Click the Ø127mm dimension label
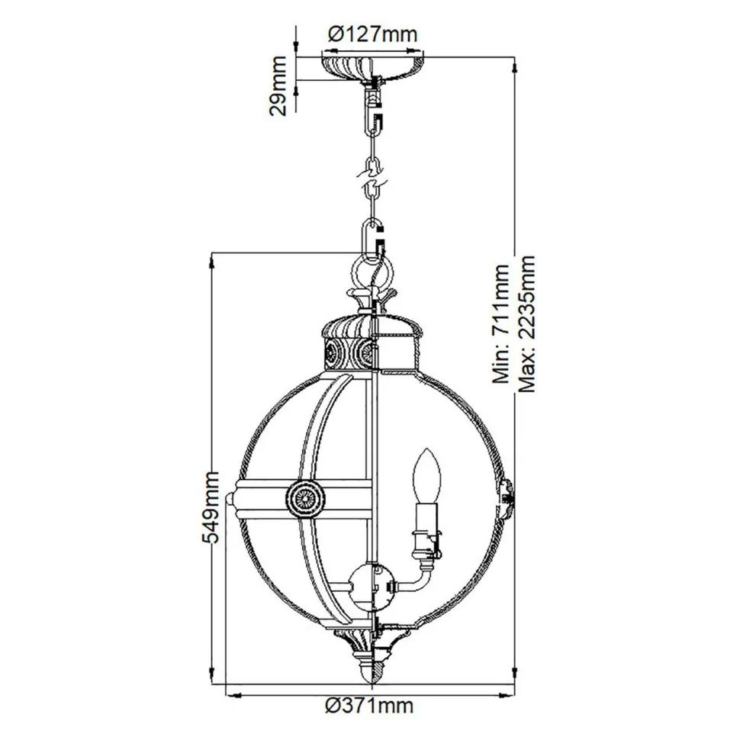(x=369, y=34)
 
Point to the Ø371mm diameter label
(x=369, y=706)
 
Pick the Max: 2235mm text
(x=527, y=324)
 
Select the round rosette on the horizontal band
(x=307, y=499)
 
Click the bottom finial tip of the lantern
(x=371, y=675)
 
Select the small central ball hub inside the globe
(x=370, y=584)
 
